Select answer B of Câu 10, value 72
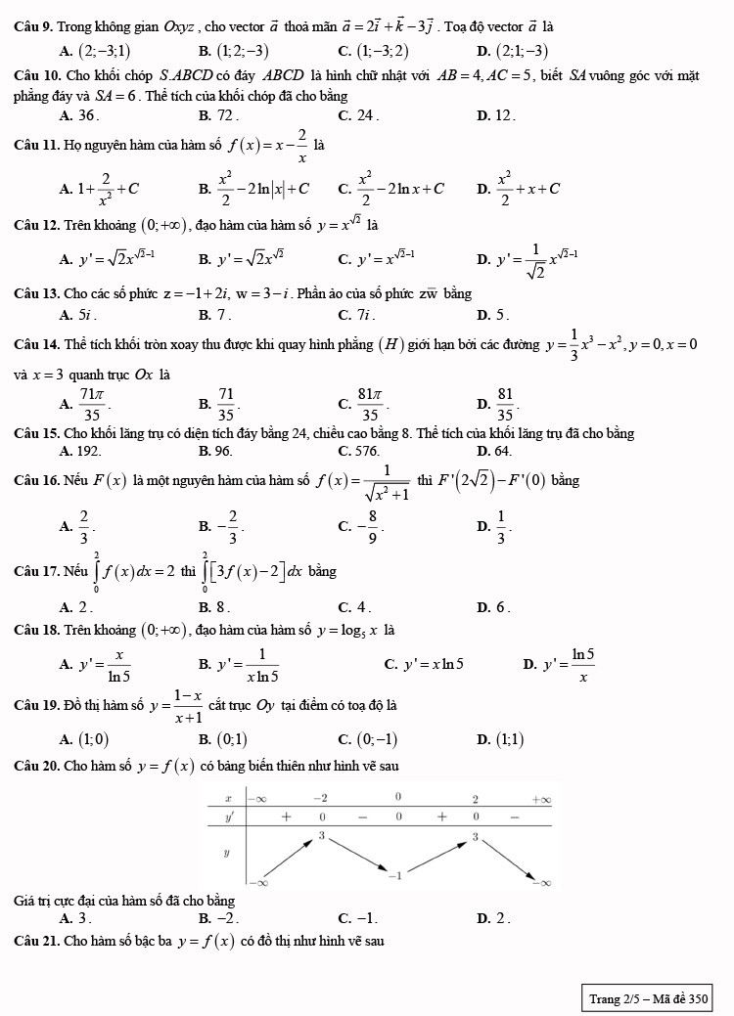tap(220, 115)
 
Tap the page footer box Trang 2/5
tap(647, 998)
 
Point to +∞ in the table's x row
tap(541, 798)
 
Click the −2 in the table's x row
tap(320, 798)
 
